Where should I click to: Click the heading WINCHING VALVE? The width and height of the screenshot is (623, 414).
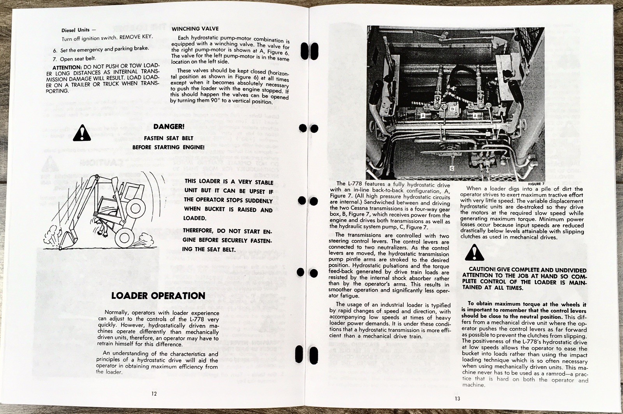(195, 29)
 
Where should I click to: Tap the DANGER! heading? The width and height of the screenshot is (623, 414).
(169, 127)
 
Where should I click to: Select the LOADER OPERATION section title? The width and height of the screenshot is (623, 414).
(158, 296)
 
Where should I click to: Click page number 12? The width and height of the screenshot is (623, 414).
(154, 393)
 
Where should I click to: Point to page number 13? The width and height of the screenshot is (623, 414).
(457, 398)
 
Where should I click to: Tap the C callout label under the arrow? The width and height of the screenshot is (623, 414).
(452, 168)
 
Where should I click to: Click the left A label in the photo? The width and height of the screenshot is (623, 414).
(422, 116)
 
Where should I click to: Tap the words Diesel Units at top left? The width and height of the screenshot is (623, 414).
(76, 30)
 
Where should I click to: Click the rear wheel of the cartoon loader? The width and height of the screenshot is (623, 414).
(126, 236)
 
